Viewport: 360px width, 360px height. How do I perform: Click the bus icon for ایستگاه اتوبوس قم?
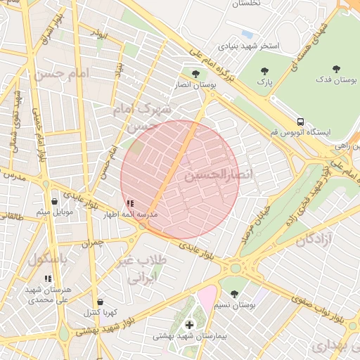coord(300,121)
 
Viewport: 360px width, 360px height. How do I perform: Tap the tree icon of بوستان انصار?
coord(195,72)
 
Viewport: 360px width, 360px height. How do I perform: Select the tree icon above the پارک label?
coord(264,70)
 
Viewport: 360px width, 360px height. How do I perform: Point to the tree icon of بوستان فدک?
coord(336,68)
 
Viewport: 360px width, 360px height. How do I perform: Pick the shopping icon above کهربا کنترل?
coord(100,302)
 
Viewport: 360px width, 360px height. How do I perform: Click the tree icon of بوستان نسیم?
coord(234,294)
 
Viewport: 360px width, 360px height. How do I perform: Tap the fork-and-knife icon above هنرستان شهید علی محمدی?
coord(48,279)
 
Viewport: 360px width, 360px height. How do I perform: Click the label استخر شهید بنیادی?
coord(247,46)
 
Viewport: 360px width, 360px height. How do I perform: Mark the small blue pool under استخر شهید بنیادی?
coord(247,33)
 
